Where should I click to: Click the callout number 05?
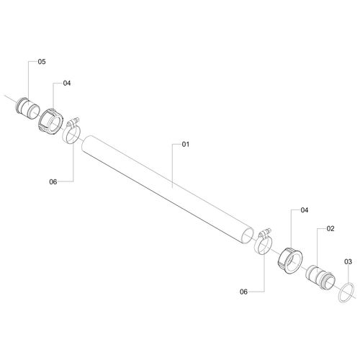click(42, 62)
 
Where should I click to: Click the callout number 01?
click(186, 144)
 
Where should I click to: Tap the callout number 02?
click(330, 229)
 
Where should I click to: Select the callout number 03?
click(348, 261)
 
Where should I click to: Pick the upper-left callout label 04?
click(67, 83)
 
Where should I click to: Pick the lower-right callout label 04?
click(305, 210)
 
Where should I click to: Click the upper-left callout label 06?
click(53, 182)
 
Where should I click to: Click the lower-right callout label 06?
click(243, 292)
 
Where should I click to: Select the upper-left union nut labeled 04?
click(50, 121)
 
